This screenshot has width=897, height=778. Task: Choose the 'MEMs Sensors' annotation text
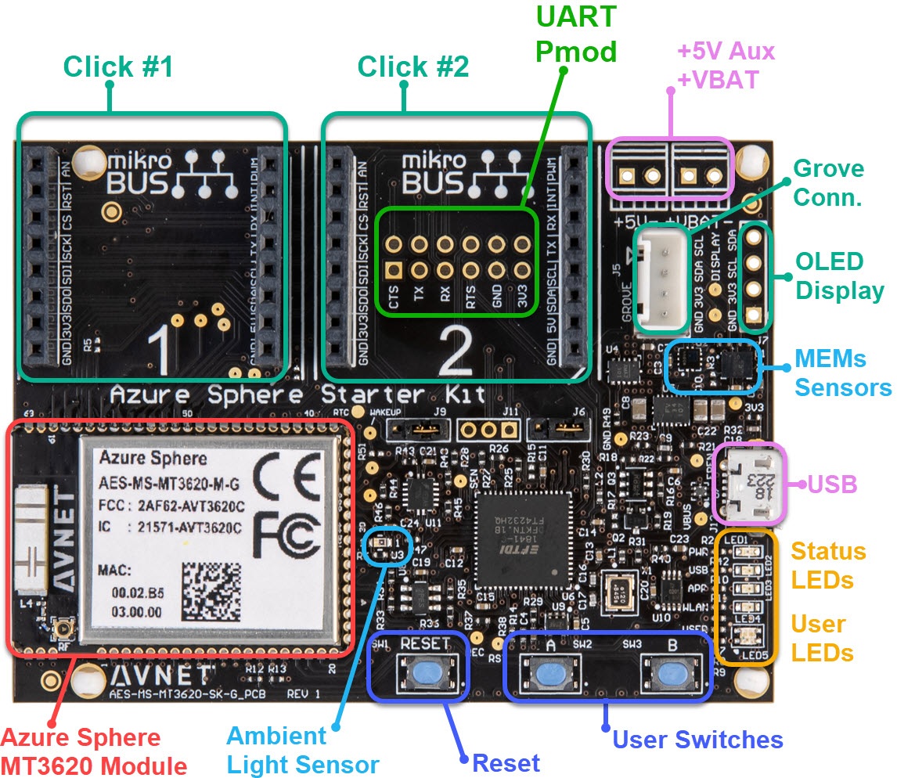pyautogui.click(x=842, y=373)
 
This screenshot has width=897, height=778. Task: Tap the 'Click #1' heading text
pyautogui.click(x=117, y=67)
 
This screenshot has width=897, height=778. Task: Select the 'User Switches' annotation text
pyautogui.click(x=697, y=740)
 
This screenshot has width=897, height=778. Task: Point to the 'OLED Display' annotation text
pyautogui.click(x=839, y=276)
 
